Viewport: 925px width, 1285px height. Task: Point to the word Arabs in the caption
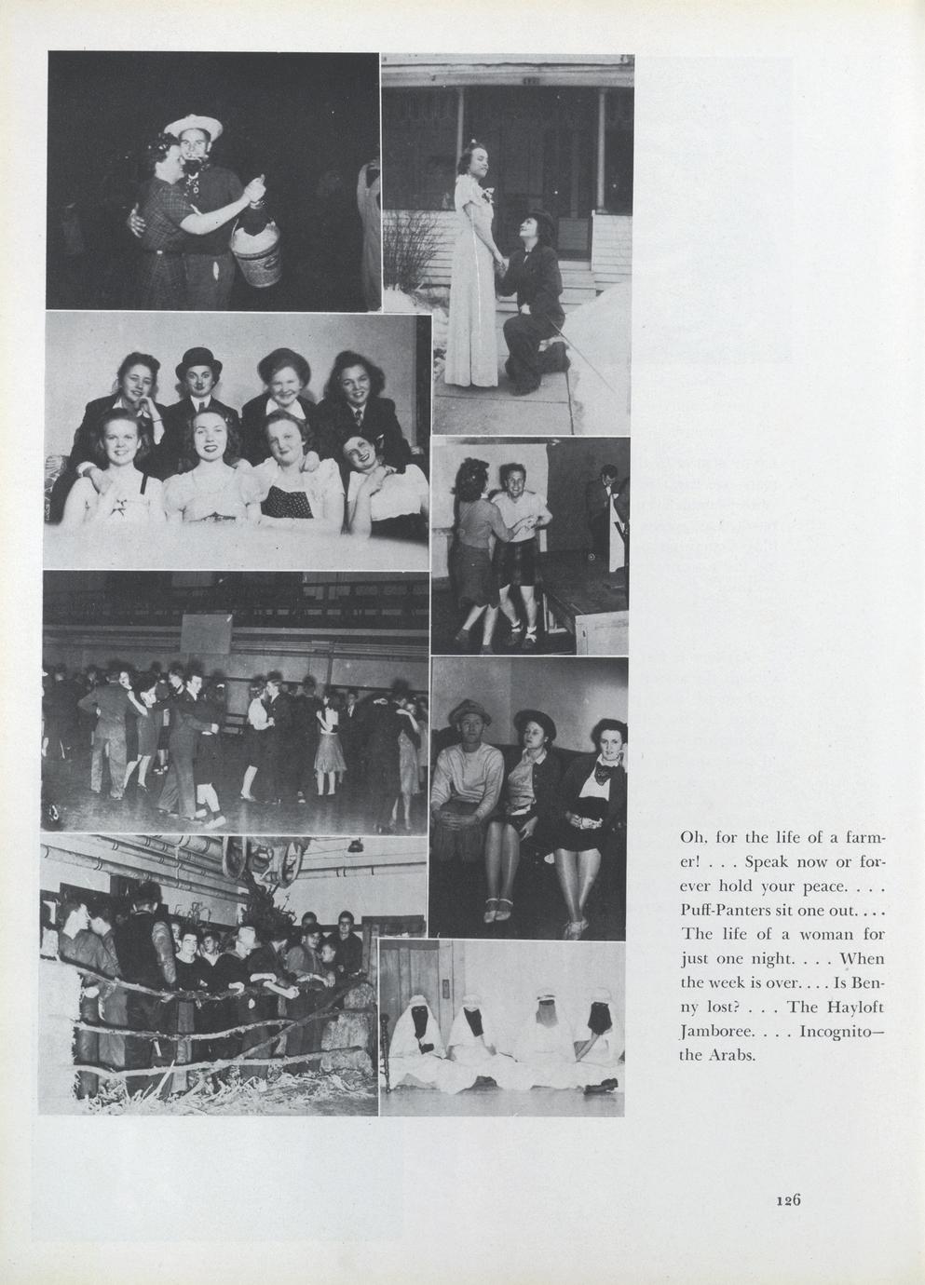pyautogui.click(x=729, y=1057)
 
